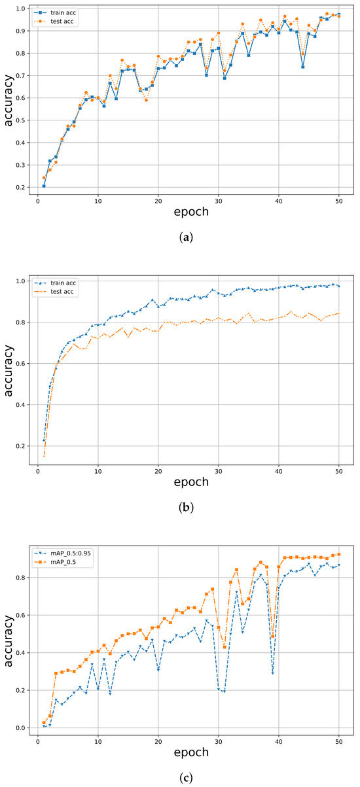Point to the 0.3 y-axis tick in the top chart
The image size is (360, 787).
pos(22,165)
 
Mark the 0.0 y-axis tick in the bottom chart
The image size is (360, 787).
pos(22,727)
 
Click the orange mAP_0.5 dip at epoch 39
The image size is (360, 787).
pos(272,637)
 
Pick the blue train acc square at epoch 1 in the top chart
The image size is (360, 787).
pos(44,186)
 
